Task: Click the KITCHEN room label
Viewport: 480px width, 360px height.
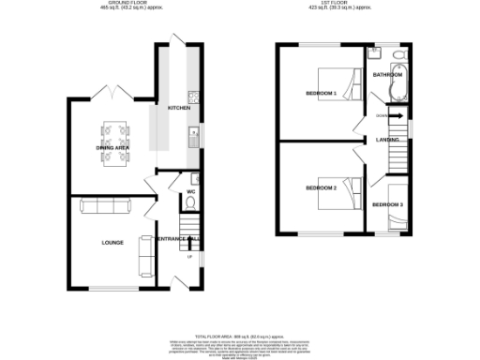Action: coord(177,109)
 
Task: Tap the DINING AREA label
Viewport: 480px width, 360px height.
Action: coord(113,147)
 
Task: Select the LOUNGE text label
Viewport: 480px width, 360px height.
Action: coord(112,242)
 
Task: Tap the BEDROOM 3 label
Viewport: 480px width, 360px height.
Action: coord(387,203)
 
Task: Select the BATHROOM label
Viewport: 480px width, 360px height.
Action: coord(387,74)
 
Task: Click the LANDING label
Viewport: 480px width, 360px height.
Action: coord(388,140)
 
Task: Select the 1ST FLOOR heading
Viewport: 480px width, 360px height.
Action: coord(338,5)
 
